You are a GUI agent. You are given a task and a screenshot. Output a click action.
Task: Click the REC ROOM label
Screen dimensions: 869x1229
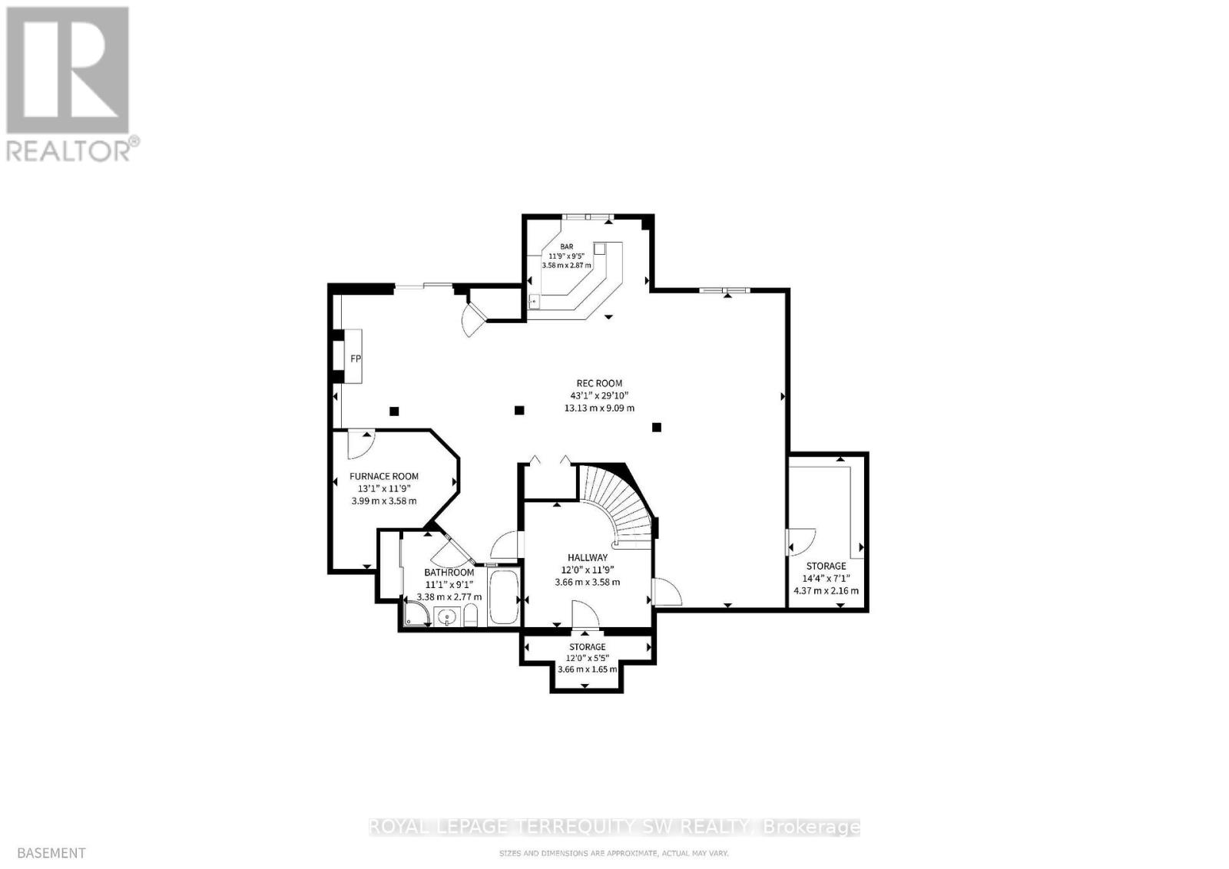(599, 383)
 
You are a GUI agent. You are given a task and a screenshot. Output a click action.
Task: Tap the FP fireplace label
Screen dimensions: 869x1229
(356, 359)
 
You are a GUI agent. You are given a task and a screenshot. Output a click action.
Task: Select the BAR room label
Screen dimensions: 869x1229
(566, 246)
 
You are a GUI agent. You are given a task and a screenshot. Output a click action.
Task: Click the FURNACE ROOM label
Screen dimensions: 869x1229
(383, 476)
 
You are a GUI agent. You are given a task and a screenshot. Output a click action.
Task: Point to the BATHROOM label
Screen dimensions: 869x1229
(449, 573)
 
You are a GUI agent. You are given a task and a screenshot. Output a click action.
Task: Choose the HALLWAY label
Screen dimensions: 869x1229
(588, 557)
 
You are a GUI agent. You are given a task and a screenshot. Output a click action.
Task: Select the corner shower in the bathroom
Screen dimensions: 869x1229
(416, 613)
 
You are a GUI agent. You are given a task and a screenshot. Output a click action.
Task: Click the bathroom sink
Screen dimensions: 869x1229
(447, 616)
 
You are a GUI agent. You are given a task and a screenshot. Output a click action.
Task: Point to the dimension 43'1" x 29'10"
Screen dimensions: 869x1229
(599, 395)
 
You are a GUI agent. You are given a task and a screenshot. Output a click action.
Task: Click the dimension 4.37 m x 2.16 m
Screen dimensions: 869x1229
(826, 591)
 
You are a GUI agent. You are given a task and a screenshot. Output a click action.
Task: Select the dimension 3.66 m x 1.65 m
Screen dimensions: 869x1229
(587, 669)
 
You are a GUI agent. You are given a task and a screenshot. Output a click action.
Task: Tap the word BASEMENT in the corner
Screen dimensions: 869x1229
(51, 852)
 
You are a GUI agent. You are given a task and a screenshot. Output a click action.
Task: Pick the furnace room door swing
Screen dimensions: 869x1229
(359, 441)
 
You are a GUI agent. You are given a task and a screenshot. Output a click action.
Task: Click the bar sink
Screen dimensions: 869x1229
(535, 301)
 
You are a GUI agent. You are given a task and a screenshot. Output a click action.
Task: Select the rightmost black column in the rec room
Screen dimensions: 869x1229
(657, 427)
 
